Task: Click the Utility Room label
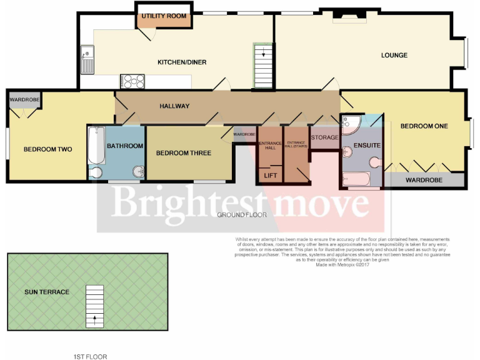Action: (164, 16)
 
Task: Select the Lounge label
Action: (394, 55)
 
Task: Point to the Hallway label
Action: (174, 106)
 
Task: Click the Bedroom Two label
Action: (48, 149)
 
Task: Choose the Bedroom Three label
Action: (184, 153)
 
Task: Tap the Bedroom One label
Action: (424, 126)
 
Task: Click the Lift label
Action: (270, 176)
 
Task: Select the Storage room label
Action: (325, 137)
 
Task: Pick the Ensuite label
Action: (362, 145)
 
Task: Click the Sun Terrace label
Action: (47, 292)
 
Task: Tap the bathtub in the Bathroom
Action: (96, 144)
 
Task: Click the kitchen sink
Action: (86, 60)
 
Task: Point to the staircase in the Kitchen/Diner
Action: (263, 65)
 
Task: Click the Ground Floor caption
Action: (241, 215)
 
